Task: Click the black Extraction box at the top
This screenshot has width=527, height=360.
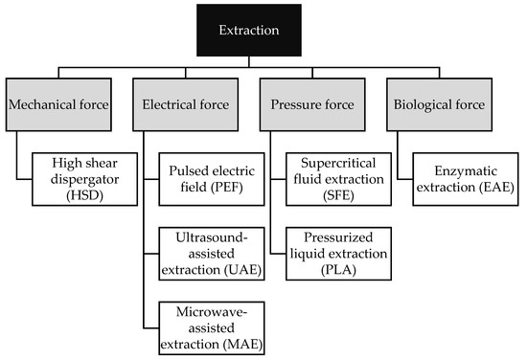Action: tap(263, 30)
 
